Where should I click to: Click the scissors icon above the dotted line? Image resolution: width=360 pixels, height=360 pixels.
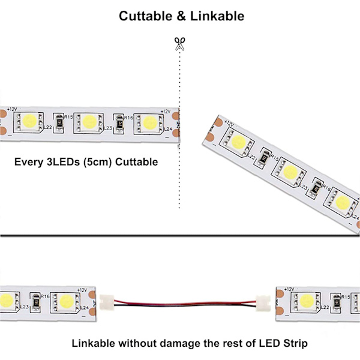click(x=179, y=44)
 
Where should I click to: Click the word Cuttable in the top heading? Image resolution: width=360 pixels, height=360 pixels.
click(x=144, y=16)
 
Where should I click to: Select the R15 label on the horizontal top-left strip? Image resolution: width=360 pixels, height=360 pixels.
click(x=68, y=117)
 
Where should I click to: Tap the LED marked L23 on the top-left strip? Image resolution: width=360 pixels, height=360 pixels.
click(x=88, y=122)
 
